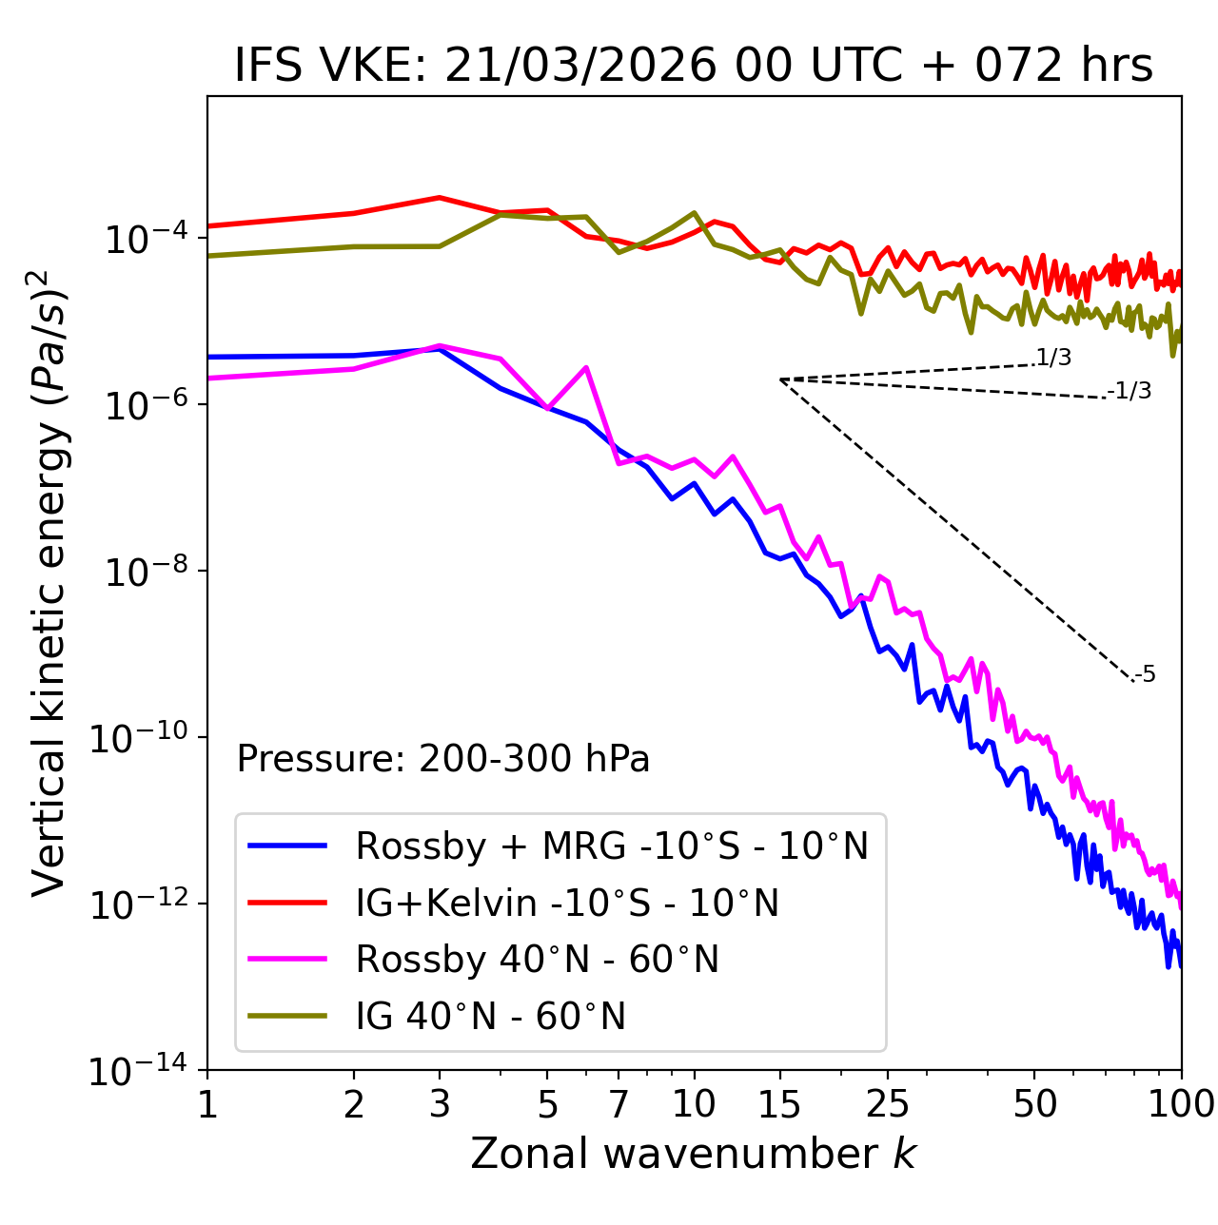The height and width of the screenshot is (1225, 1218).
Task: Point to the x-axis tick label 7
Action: [619, 1104]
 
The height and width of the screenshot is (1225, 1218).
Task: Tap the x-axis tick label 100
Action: [1181, 1104]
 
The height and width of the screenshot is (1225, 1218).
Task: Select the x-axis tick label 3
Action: [439, 1104]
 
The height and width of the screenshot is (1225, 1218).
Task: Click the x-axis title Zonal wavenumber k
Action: [694, 1154]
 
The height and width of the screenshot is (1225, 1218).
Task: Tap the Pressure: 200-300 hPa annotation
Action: [443, 759]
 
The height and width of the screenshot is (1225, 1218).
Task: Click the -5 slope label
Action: [1145, 675]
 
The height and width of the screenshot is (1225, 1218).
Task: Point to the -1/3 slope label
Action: [1130, 391]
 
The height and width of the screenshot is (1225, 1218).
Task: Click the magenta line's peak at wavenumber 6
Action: [586, 367]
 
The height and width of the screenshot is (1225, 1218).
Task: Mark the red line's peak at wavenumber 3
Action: [439, 198]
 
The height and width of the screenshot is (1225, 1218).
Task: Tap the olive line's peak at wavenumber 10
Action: [695, 212]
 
